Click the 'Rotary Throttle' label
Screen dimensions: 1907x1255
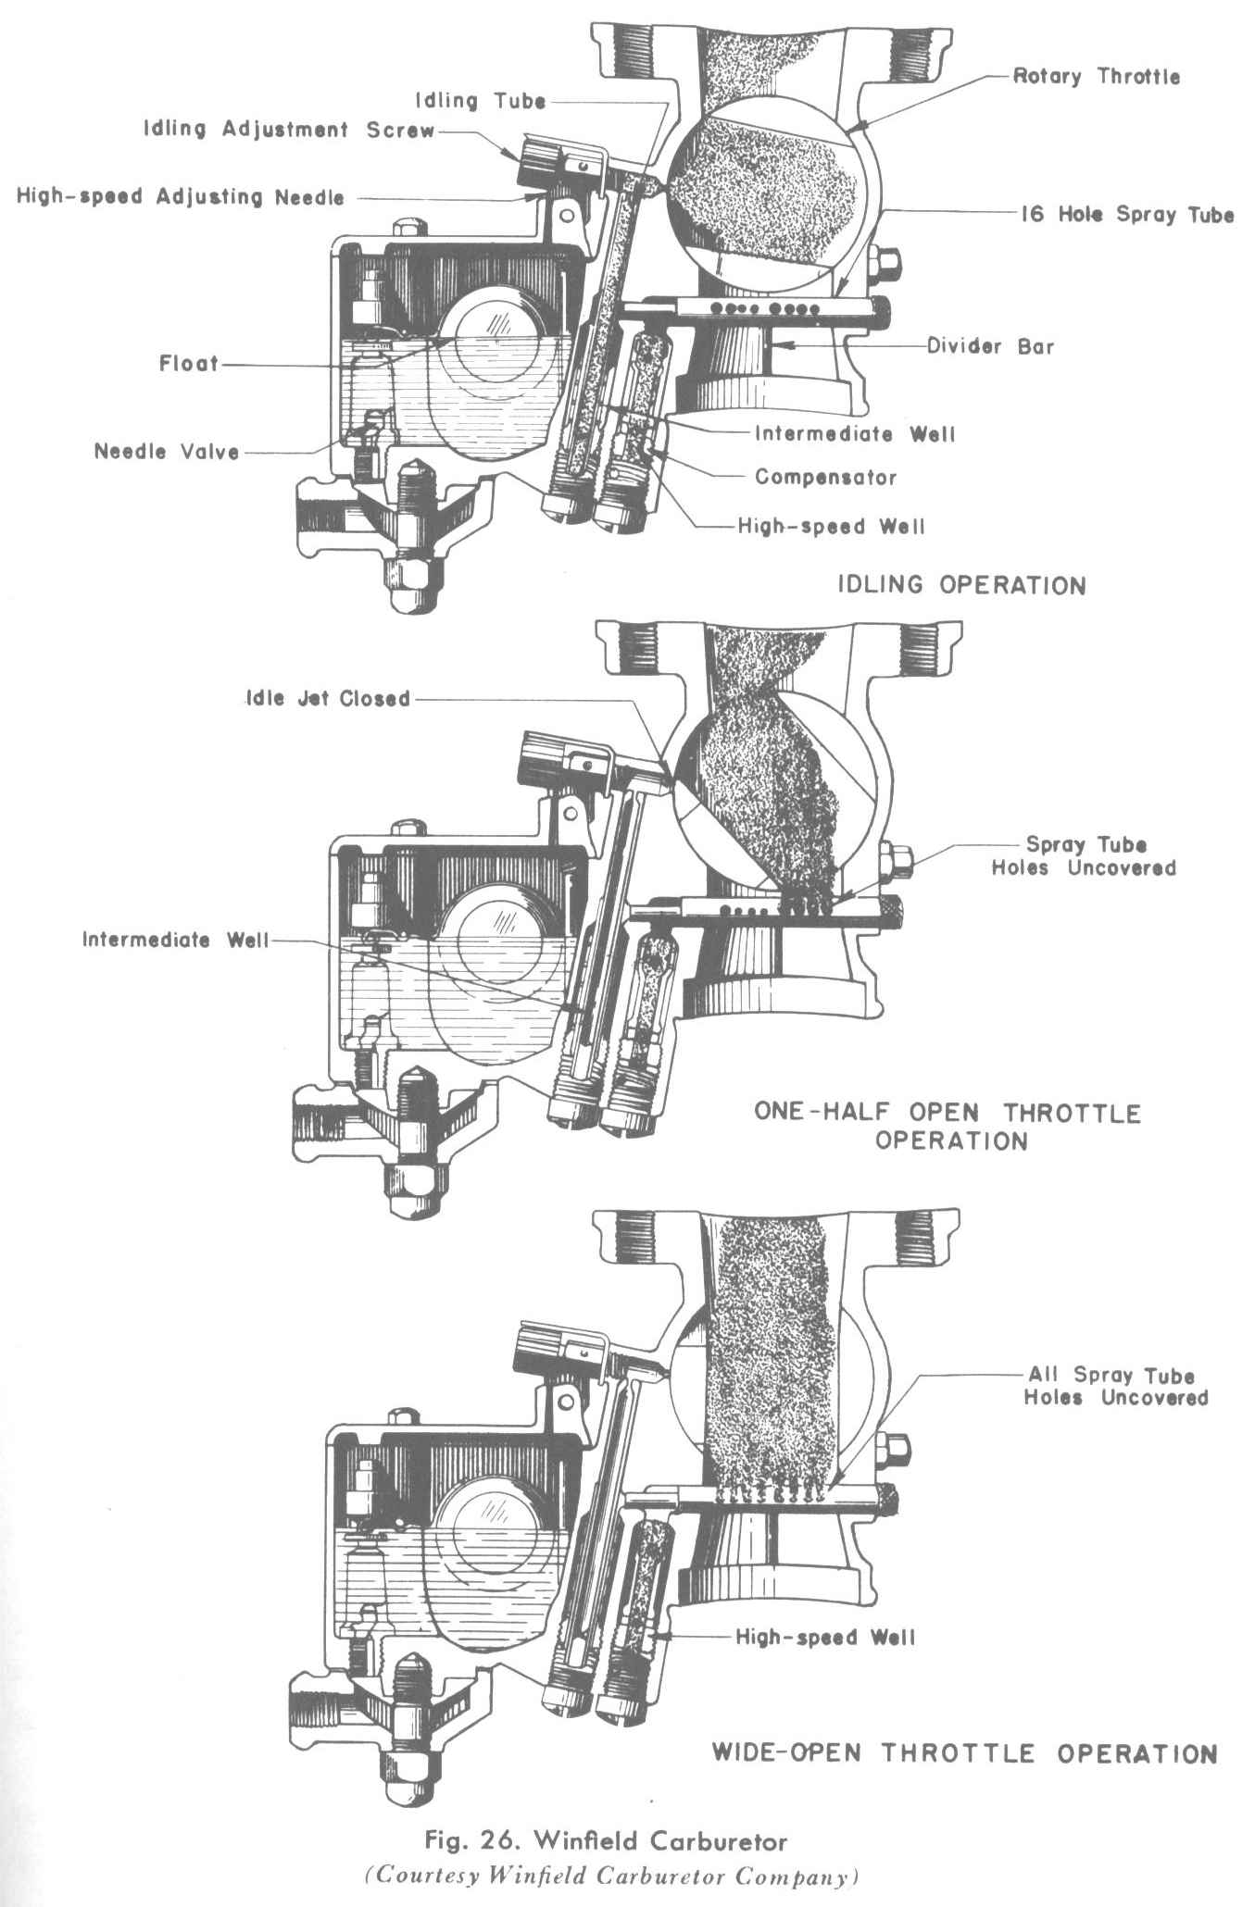[x=1096, y=76]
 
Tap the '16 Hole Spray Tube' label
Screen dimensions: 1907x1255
[x=1127, y=215]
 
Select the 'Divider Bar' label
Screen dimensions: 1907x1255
[x=990, y=347]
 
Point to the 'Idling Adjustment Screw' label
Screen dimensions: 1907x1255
[x=288, y=130]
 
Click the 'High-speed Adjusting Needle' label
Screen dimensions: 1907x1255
[x=180, y=196]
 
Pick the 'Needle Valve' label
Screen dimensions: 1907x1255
[x=167, y=452]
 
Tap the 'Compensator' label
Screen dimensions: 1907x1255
[x=825, y=478]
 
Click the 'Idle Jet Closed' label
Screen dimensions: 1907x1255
[x=327, y=698]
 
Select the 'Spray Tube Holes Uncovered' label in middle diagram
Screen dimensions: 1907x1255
[x=1083, y=856]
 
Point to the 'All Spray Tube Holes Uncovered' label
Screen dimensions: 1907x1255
[x=1115, y=1386]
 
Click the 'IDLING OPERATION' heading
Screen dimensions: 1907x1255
[x=961, y=585]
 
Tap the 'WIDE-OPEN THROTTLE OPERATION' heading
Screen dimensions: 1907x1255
[x=963, y=1752]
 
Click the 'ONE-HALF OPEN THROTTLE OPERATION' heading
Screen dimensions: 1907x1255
[x=948, y=1126]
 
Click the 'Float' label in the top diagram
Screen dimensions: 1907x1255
[x=189, y=364]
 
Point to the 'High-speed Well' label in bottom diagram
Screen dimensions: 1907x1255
[x=825, y=1637]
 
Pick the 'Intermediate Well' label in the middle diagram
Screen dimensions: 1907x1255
[x=175, y=941]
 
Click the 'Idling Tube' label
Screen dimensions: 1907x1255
[x=480, y=100]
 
